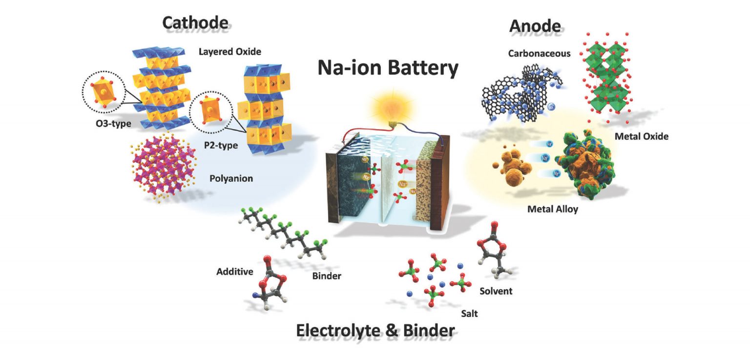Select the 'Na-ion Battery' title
coord(388,68)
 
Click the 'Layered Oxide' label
coord(230,51)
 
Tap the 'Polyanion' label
coord(231,178)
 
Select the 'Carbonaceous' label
coord(539,54)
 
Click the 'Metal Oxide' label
coord(641,136)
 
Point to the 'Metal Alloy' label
coord(553,209)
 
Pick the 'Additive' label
coord(235,271)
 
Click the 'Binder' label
coord(326,276)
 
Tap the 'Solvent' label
coord(496,291)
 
